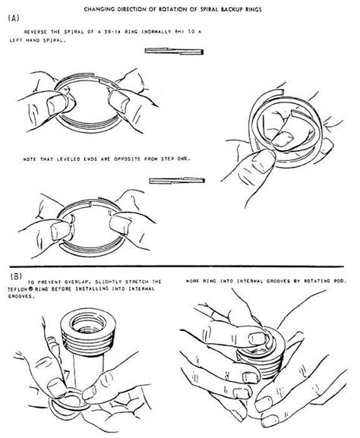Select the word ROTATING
pos(314,281)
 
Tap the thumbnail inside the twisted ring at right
pos(288,140)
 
